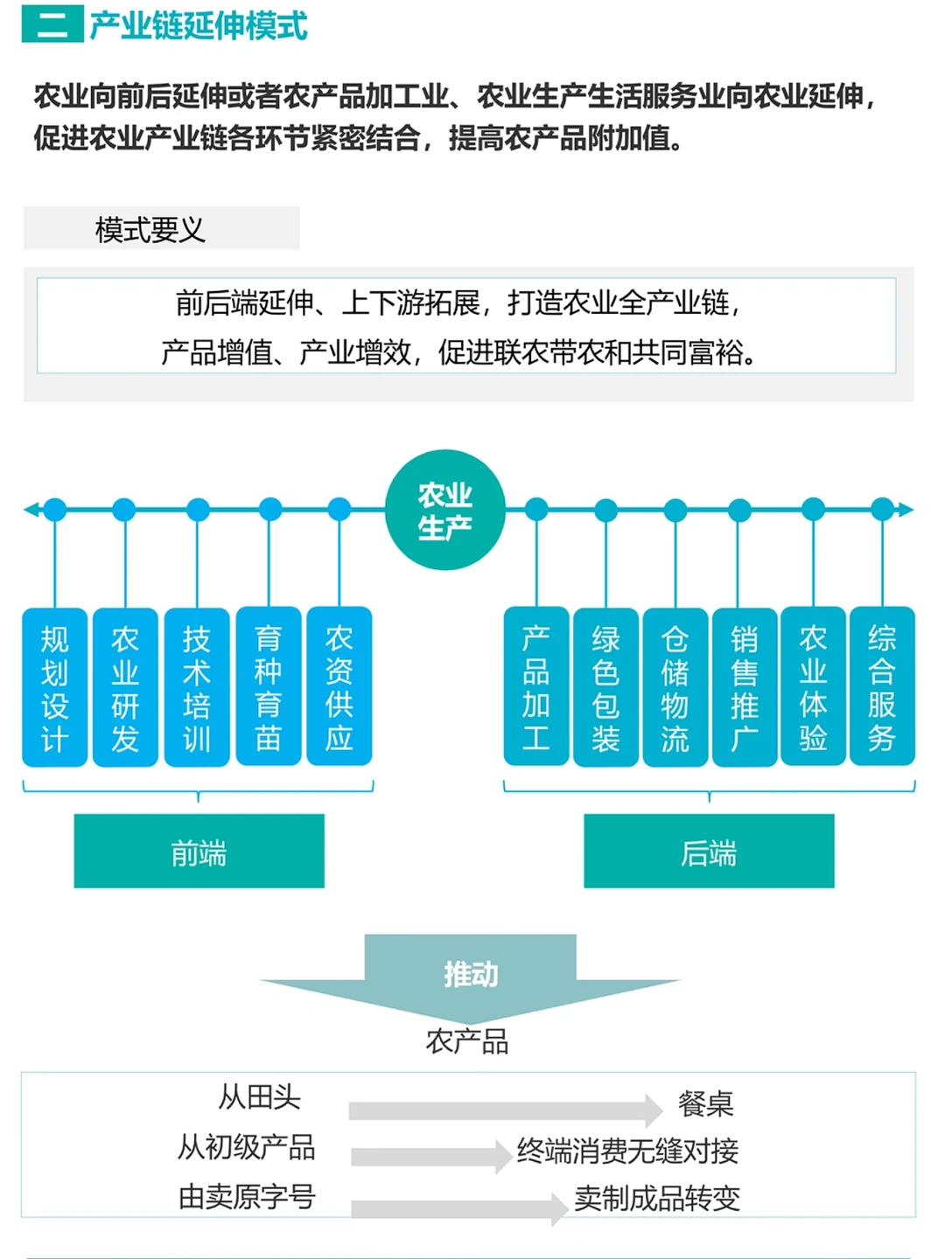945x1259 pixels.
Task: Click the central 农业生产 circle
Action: point(445,511)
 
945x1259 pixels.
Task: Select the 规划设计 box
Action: point(54,687)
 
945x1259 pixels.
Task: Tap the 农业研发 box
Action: point(125,687)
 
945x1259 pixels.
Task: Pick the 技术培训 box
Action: point(197,687)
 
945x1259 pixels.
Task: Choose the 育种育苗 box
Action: point(269,687)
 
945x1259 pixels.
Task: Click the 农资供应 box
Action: point(339,687)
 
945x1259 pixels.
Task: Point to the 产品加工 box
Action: point(536,687)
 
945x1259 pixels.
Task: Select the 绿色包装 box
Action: point(605,687)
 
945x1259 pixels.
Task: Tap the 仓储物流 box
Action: point(675,687)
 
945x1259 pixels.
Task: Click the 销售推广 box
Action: point(744,687)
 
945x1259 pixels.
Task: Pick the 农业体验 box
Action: point(813,687)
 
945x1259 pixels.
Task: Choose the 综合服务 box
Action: point(882,687)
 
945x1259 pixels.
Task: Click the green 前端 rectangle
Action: point(199,852)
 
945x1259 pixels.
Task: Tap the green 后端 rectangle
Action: point(709,852)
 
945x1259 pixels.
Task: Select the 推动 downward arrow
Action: point(471,976)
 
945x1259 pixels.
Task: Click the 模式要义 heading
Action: point(150,229)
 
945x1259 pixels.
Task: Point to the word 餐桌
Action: point(705,1103)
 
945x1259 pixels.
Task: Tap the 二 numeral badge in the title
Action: point(52,24)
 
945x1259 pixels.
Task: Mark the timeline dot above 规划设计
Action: point(55,510)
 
